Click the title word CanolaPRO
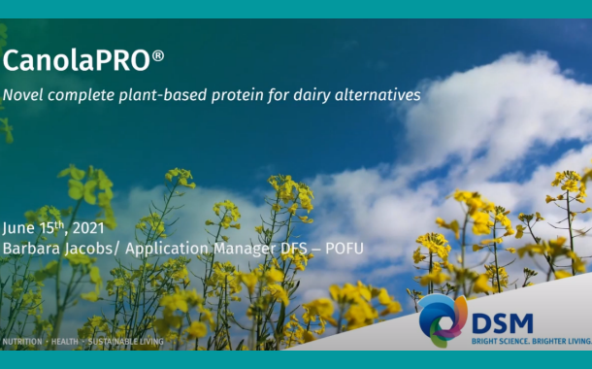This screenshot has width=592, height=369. pos(76,61)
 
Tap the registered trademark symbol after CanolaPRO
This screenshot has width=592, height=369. pos(158,55)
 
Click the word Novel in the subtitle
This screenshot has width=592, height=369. pos(23,95)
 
